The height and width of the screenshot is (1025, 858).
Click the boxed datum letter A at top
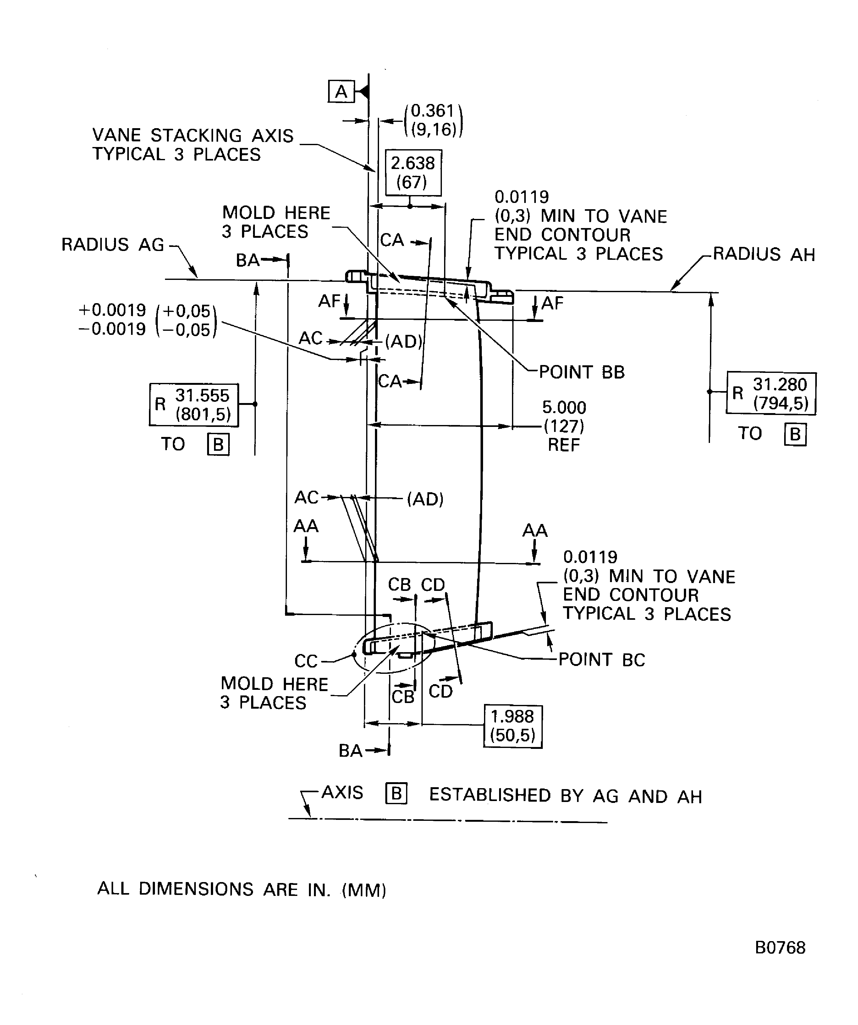341,91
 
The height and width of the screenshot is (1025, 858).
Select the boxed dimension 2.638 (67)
413,173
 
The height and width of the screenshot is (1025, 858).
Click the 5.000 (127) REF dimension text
564,426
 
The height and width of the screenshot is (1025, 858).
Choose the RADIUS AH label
764,254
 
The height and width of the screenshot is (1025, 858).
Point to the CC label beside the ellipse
306,661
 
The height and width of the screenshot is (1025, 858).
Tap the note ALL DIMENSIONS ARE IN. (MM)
242,889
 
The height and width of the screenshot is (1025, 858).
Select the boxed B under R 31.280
795,434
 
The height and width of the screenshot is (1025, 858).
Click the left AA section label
306,526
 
